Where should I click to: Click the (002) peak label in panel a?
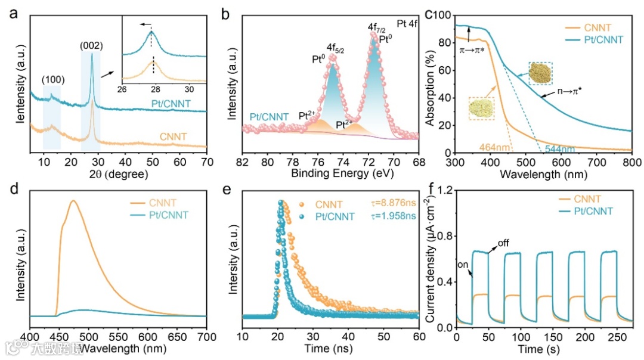(92, 45)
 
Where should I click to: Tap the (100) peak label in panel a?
(53, 79)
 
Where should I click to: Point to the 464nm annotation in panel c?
(493, 145)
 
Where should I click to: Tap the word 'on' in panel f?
(463, 264)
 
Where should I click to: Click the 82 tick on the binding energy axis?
(243, 161)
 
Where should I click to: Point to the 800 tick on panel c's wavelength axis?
(631, 161)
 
